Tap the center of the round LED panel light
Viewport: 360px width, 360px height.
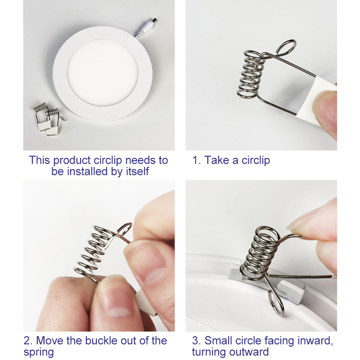pyautogui.click(x=103, y=73)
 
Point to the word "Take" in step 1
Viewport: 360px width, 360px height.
pyautogui.click(x=217, y=160)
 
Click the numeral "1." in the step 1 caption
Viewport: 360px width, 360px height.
pyautogui.click(x=197, y=160)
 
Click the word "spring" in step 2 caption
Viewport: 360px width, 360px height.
pyautogui.click(x=39, y=352)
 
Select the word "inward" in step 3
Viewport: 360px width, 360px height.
pyautogui.click(x=315, y=341)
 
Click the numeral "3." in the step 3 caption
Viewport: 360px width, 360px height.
pyautogui.click(x=197, y=341)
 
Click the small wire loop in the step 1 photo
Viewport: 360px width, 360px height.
pyautogui.click(x=286, y=48)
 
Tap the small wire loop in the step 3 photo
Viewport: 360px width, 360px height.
pyautogui.click(x=277, y=303)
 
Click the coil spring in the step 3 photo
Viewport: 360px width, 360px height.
pyautogui.click(x=260, y=254)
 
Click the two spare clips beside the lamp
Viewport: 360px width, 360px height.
pyautogui.click(x=48, y=119)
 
